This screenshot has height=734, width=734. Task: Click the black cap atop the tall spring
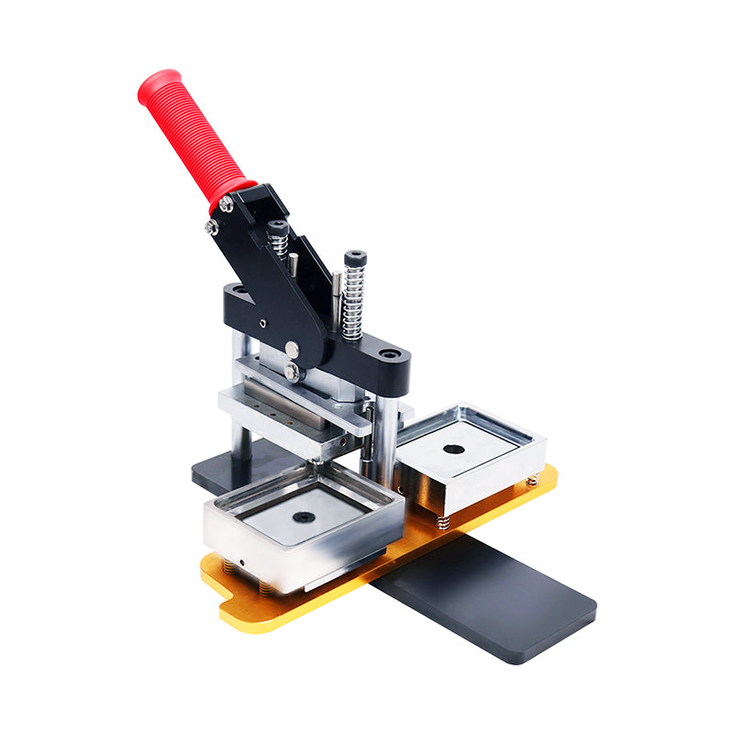355,258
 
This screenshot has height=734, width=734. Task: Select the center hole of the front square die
304,517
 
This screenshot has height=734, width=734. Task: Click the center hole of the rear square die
453,450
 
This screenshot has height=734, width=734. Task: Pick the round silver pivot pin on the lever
291,349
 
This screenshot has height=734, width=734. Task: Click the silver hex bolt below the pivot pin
293,372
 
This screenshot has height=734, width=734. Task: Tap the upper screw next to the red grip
225,204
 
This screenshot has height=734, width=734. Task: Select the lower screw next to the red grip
212,226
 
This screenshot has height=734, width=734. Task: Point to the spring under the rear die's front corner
443,522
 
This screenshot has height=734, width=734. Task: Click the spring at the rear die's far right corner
531,480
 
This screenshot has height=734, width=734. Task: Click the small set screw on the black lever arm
262,323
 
